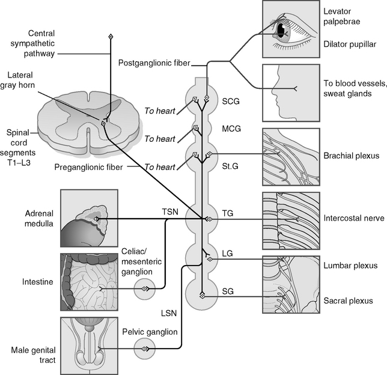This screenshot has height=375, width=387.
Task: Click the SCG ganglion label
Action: click(x=231, y=102)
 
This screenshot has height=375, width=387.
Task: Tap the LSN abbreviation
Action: click(x=169, y=313)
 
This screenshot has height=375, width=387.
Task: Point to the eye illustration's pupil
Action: click(x=281, y=30)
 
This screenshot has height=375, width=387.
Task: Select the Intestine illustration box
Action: click(x=89, y=280)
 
